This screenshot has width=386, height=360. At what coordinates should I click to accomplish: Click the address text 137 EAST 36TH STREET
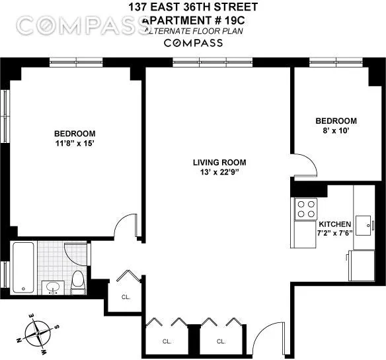point(193,8)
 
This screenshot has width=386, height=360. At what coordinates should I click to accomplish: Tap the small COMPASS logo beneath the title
point(193,43)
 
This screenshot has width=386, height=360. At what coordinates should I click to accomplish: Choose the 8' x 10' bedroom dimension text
point(335,131)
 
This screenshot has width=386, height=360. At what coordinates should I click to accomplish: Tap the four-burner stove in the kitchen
point(305,209)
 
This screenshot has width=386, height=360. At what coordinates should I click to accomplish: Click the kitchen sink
point(363,223)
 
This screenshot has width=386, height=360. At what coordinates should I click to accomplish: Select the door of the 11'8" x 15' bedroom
point(126,228)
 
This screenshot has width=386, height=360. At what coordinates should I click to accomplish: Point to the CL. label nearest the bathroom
point(126,296)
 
